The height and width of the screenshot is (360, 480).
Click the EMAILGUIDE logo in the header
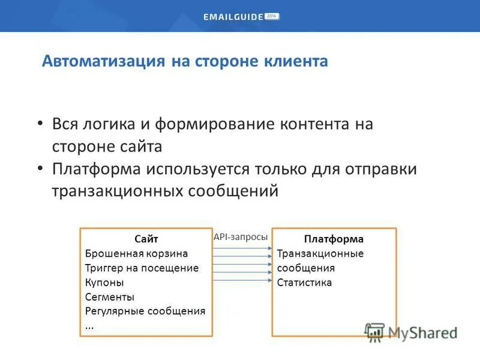pos(233,17)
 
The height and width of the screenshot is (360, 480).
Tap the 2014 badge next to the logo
pos(272,17)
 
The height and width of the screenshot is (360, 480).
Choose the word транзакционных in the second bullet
pos(118,191)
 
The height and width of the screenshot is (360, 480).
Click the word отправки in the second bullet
pos(380,169)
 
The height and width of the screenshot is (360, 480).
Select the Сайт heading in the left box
pos(146,239)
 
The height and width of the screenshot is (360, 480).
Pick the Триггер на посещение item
pos(142,268)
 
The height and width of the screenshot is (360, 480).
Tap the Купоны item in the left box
pos(104,282)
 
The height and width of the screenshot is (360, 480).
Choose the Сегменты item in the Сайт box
pos(109,296)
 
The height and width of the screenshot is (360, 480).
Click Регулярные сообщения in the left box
pos(145,311)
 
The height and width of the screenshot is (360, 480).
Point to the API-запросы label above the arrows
pos(241,237)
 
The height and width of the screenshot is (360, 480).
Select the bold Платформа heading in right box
pos(334,239)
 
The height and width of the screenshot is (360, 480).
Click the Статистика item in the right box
pos(304,282)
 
